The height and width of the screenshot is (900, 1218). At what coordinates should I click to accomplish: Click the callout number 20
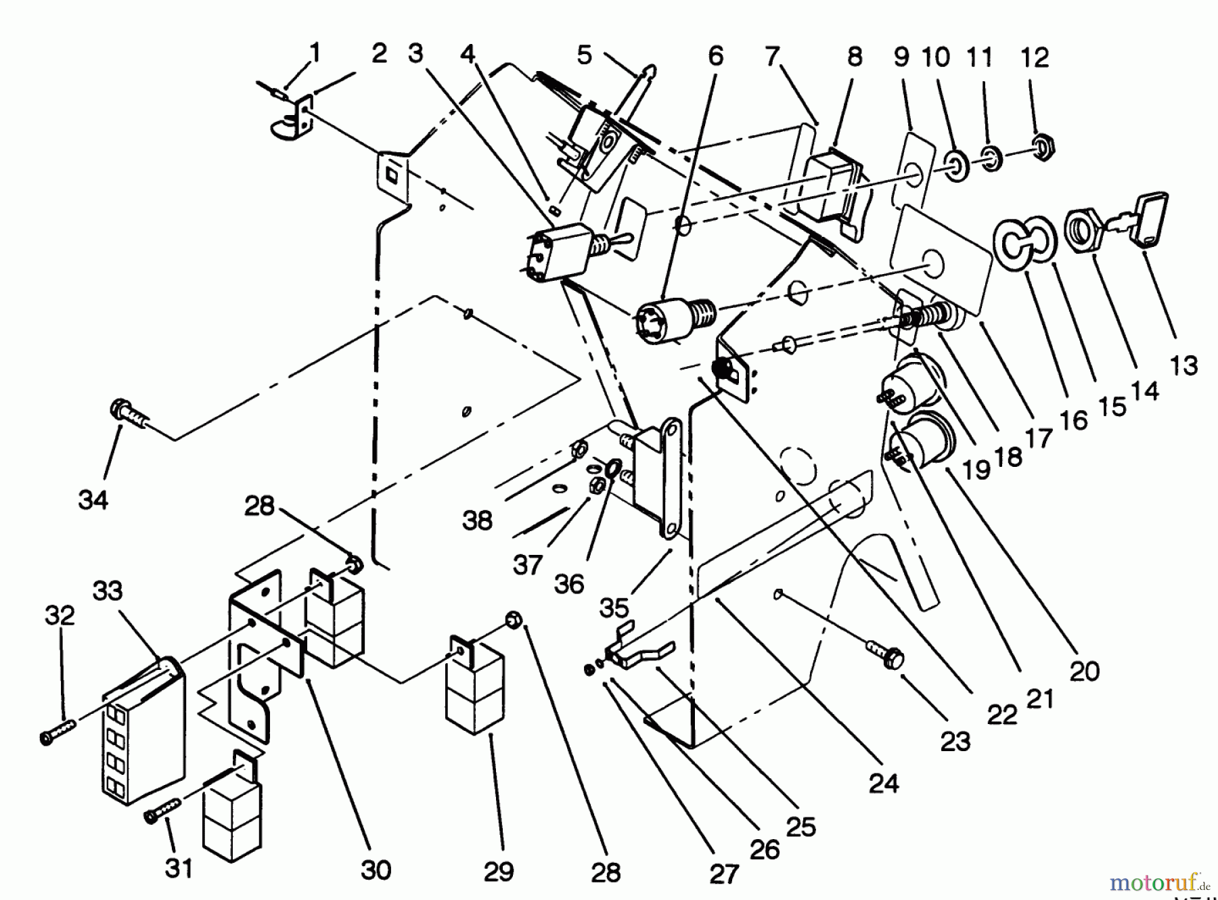coord(1085,671)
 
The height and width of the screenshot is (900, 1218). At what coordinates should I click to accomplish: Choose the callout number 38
coord(477,520)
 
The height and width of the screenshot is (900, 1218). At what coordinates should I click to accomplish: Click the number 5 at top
coord(584,54)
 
